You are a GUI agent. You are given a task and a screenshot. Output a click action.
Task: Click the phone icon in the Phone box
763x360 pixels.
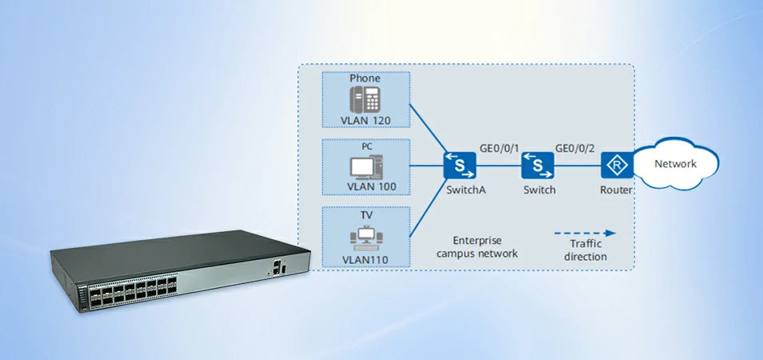point(366,99)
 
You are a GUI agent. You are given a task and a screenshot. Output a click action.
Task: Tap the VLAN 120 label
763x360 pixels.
point(366,119)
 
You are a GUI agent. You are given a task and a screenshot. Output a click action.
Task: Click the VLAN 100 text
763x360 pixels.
point(366,186)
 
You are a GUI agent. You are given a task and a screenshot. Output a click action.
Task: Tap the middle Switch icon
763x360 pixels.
point(538,166)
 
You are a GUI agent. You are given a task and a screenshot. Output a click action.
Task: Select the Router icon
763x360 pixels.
point(617,166)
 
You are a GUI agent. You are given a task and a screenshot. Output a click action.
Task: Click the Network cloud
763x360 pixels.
point(676,164)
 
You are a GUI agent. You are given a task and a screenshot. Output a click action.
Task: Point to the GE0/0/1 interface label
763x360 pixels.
point(499,148)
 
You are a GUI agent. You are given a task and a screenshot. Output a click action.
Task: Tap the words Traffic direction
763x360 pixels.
point(585,250)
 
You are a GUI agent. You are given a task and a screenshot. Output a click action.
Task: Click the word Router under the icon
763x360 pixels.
point(617,190)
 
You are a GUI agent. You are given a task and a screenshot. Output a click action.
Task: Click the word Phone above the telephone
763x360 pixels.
point(366,78)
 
